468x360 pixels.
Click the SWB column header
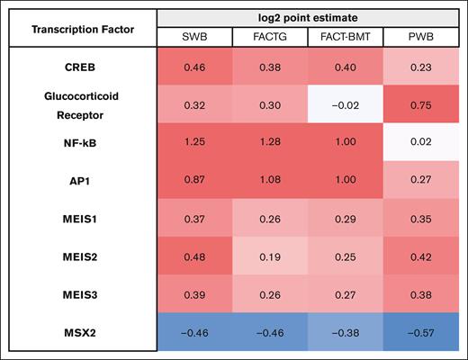(193, 37)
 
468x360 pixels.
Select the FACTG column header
(269, 37)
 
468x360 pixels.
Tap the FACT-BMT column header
(345, 37)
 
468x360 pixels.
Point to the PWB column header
(421, 37)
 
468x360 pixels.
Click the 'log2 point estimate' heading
(308, 18)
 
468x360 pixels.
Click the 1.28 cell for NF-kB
(269, 143)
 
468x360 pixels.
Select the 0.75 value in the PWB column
(421, 104)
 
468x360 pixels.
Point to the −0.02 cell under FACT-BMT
(345, 104)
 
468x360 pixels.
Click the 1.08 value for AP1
(269, 181)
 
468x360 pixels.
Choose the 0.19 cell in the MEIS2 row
(269, 256)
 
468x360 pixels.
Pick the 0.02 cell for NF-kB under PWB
(421, 143)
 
